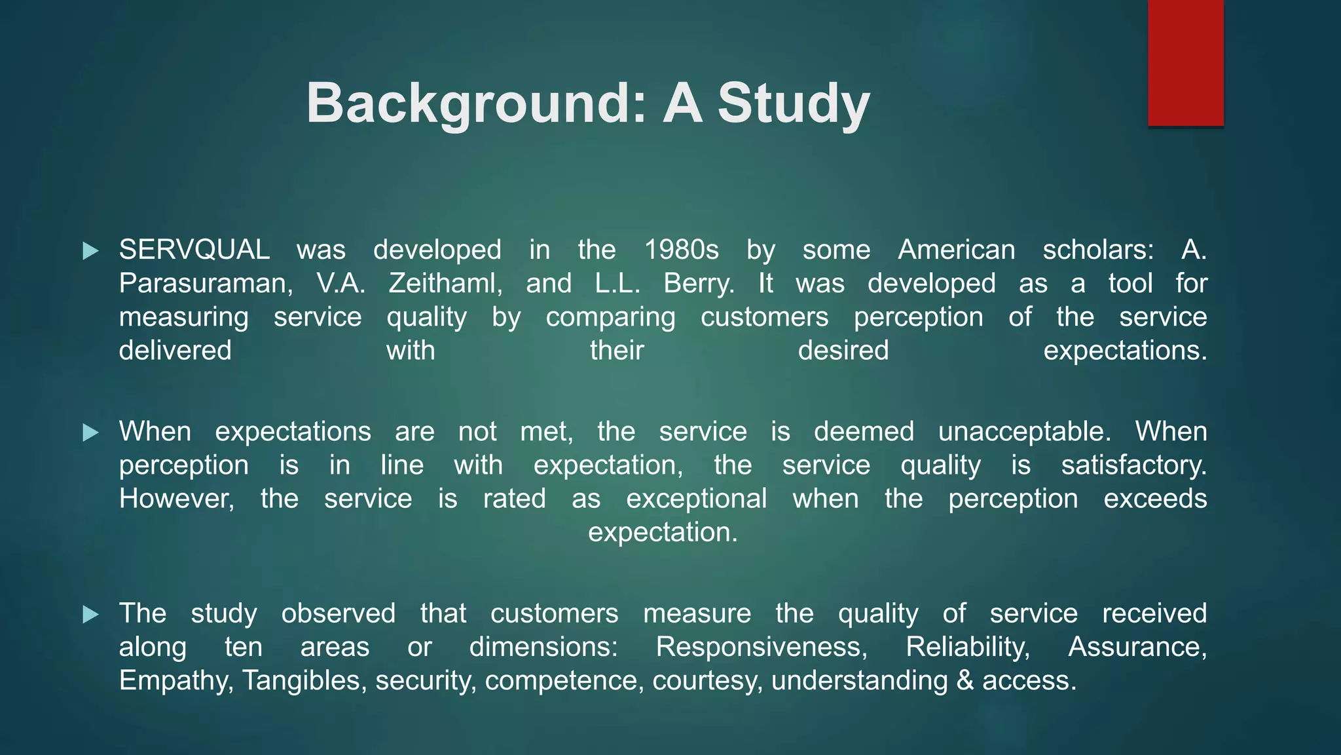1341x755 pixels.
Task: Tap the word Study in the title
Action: tap(794, 103)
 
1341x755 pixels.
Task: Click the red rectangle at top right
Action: tap(1185, 63)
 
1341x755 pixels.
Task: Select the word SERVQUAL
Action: tap(194, 250)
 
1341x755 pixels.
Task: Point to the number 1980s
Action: tap(681, 250)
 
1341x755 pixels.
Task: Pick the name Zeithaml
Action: tap(445, 284)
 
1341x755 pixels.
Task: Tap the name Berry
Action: tap(698, 284)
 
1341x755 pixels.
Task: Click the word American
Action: tap(957, 250)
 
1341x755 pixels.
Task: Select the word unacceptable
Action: tap(1024, 432)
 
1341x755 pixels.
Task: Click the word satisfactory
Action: tap(1133, 465)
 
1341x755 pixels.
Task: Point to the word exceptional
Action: tap(696, 499)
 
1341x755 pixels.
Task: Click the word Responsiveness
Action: tap(762, 647)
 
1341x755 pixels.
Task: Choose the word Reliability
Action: tap(968, 647)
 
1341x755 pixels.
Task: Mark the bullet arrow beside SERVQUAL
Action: tap(90, 250)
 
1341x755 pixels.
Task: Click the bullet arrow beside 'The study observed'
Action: tap(90, 614)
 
